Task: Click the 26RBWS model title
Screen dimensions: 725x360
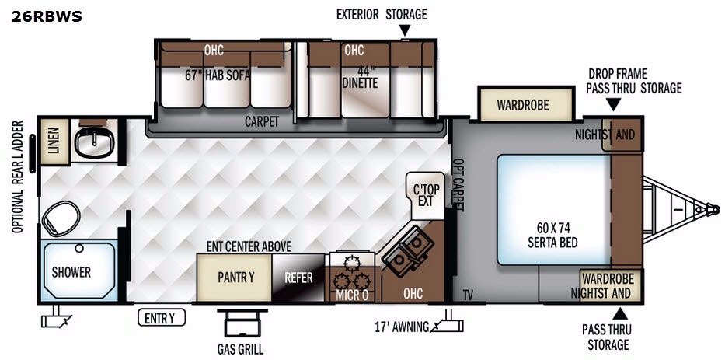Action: [47, 16]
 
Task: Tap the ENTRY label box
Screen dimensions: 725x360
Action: [162, 318]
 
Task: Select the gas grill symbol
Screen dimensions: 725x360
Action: [242, 323]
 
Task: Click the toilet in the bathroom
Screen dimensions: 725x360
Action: [61, 218]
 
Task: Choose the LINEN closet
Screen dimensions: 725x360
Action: [54, 142]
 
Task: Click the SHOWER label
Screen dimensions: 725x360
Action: [71, 272]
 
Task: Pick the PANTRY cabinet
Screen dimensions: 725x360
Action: [235, 278]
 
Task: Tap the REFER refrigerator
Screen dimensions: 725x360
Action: [299, 278]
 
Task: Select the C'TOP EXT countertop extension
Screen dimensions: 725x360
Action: [427, 195]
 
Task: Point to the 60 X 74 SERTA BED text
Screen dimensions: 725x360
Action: [553, 235]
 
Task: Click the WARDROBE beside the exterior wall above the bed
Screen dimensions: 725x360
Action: [527, 104]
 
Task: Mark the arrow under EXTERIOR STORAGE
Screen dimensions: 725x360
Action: [405, 30]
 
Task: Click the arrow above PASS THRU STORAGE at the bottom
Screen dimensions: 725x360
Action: [619, 314]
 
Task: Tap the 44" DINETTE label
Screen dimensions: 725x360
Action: [360, 77]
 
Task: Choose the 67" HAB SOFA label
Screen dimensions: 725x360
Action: [218, 75]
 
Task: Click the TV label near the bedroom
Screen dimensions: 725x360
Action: [468, 295]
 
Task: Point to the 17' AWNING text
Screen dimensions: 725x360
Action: [401, 327]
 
